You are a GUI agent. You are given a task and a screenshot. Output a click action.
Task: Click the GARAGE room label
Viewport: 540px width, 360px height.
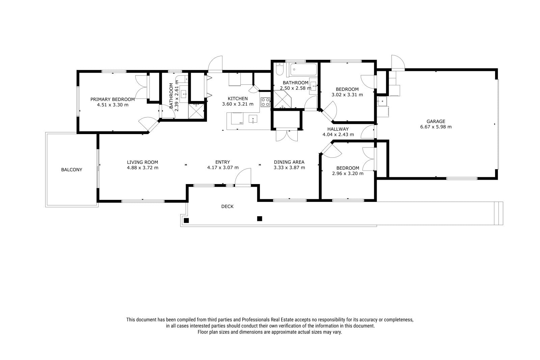pyautogui.click(x=436, y=121)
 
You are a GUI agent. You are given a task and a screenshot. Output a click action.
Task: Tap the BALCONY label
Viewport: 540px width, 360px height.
pyautogui.click(x=72, y=170)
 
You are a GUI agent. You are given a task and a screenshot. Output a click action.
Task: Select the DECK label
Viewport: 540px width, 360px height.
pyautogui.click(x=227, y=206)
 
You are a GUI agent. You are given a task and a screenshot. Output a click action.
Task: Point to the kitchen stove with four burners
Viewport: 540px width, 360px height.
pyautogui.click(x=265, y=102)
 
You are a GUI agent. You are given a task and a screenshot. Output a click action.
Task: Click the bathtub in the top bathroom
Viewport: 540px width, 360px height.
pyautogui.click(x=303, y=70)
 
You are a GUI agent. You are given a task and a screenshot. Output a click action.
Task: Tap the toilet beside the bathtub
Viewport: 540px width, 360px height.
pyautogui.click(x=279, y=69)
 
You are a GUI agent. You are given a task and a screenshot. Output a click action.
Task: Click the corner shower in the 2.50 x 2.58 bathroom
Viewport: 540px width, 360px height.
pyautogui.click(x=282, y=99)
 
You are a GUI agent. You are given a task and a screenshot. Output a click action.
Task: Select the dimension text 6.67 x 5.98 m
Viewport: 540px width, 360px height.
pyautogui.click(x=436, y=127)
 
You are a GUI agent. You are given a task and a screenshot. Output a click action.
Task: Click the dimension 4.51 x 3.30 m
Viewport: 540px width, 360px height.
pyautogui.click(x=113, y=105)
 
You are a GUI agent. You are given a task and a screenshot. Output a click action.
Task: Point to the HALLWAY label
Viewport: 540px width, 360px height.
pyautogui.click(x=338, y=129)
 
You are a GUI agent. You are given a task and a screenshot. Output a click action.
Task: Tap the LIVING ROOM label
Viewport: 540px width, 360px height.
pyautogui.click(x=142, y=162)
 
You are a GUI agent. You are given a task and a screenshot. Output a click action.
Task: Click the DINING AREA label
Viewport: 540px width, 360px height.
pyautogui.click(x=289, y=162)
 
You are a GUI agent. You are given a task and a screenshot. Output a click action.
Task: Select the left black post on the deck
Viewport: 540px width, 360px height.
pyautogui.click(x=186, y=220)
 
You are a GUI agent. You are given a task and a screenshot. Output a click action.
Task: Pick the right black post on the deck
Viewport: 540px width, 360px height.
pyautogui.click(x=260, y=218)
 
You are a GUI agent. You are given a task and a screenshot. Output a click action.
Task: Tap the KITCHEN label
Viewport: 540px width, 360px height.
pyautogui.click(x=238, y=99)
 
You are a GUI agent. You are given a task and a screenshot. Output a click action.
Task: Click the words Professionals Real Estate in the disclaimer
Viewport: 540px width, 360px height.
pyautogui.click(x=268, y=320)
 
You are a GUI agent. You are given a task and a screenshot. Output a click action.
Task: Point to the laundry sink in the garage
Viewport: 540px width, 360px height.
pyautogui.click(x=382, y=101)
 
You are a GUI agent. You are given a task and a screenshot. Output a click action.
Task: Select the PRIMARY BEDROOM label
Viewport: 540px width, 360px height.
pyautogui.click(x=113, y=99)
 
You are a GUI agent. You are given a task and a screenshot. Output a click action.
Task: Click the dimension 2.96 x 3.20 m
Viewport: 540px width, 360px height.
pyautogui.click(x=348, y=174)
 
